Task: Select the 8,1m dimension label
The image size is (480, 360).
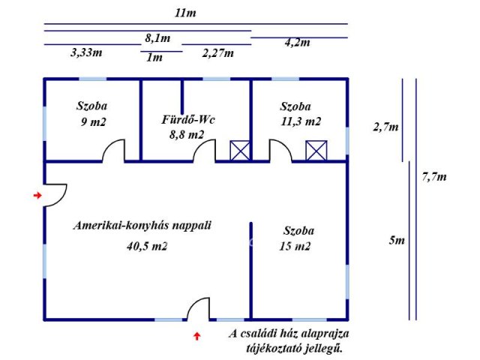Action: point(157,38)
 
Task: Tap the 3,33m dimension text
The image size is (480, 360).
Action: point(87,53)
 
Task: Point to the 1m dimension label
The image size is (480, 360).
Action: point(156,58)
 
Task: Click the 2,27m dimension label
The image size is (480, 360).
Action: point(217,53)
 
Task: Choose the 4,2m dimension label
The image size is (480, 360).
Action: point(298,43)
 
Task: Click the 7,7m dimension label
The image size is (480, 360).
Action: point(434,178)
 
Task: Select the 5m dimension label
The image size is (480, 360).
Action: point(397,241)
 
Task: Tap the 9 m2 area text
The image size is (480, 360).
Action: point(92,121)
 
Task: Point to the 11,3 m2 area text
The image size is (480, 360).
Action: point(300,121)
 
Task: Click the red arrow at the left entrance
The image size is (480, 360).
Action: point(37,196)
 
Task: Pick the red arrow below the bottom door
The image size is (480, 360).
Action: point(197,336)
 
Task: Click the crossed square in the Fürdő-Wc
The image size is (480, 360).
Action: point(239,150)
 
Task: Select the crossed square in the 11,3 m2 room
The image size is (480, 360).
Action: point(316,150)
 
